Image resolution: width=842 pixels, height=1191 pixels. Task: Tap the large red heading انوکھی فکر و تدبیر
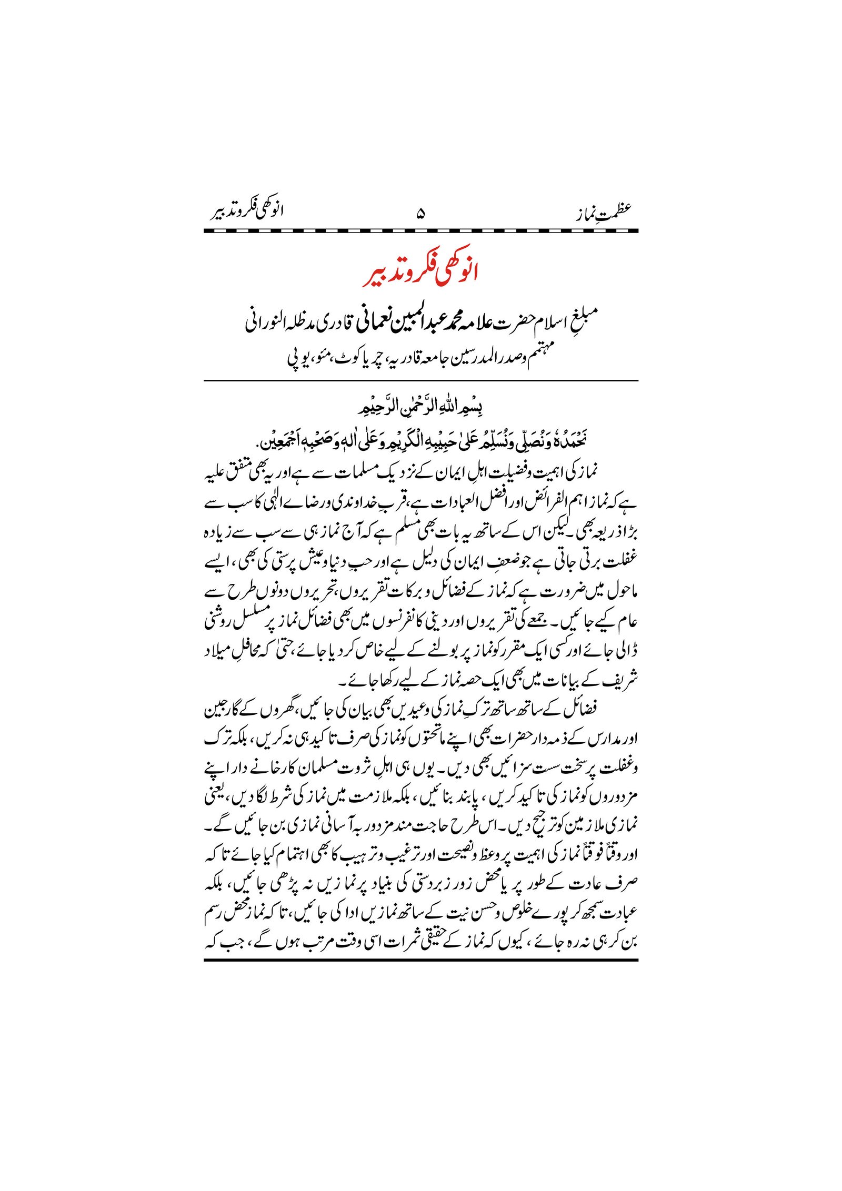point(420,274)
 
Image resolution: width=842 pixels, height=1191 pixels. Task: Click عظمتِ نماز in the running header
point(603,213)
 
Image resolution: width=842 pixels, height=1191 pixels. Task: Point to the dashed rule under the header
point(420,231)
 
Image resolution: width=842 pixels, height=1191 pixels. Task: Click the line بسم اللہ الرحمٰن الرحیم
point(420,408)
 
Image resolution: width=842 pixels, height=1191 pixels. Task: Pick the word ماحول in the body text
point(623,593)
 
